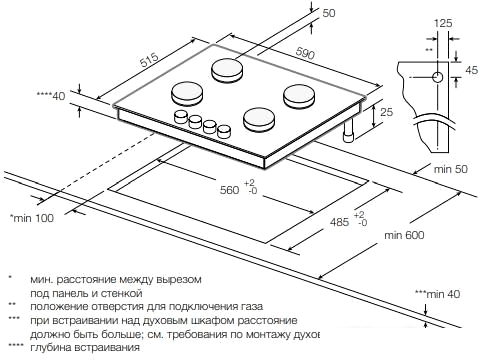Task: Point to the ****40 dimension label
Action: [x=49, y=96]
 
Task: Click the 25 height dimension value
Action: [x=387, y=114]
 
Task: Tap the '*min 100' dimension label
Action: [x=32, y=217]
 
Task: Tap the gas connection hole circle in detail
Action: [x=437, y=76]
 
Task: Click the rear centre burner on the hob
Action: [x=227, y=71]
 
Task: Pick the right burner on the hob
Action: [x=298, y=96]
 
